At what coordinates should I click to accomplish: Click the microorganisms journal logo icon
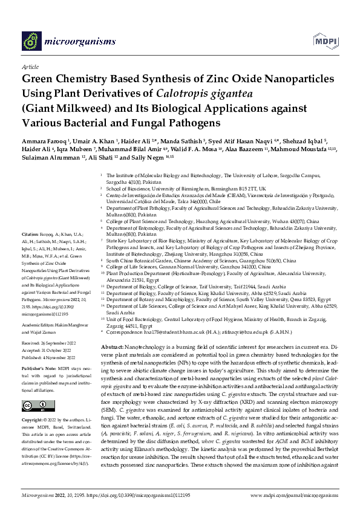[31, 41]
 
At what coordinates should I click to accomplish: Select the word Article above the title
[30, 68]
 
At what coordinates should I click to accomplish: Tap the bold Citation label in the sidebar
[30, 233]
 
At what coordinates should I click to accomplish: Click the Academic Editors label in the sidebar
[39, 307]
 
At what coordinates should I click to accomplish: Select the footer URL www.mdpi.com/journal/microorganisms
[292, 494]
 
